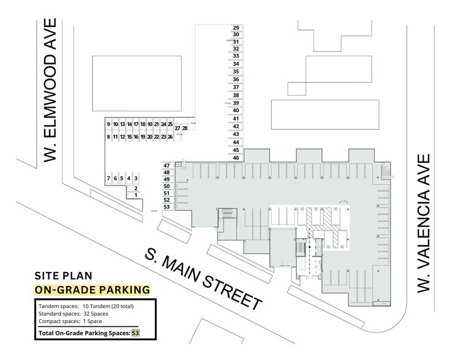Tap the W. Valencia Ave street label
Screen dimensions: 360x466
[x=424, y=224]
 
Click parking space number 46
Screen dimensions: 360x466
[x=236, y=157]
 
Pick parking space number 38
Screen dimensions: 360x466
[x=236, y=96]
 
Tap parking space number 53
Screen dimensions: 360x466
[x=167, y=207]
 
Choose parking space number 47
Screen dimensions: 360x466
[x=167, y=165]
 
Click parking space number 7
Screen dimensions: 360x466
[x=108, y=178]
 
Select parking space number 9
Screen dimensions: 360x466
[x=108, y=124]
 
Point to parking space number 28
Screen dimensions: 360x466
[x=184, y=128]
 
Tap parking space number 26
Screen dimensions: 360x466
[x=170, y=137]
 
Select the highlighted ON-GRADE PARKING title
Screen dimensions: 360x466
[x=92, y=289]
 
